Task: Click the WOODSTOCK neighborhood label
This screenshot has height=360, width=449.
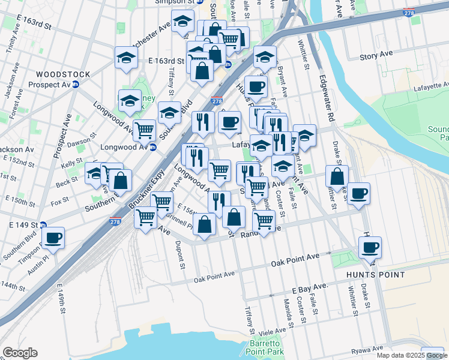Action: [62, 74]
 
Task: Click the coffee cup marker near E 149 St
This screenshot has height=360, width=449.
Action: [53, 236]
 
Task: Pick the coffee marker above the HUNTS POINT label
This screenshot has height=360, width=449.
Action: [369, 246]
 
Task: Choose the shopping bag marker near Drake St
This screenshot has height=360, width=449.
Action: [337, 176]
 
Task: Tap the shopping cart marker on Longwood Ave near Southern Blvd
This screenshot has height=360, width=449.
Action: [144, 129]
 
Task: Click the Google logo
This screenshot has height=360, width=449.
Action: [20, 353]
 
